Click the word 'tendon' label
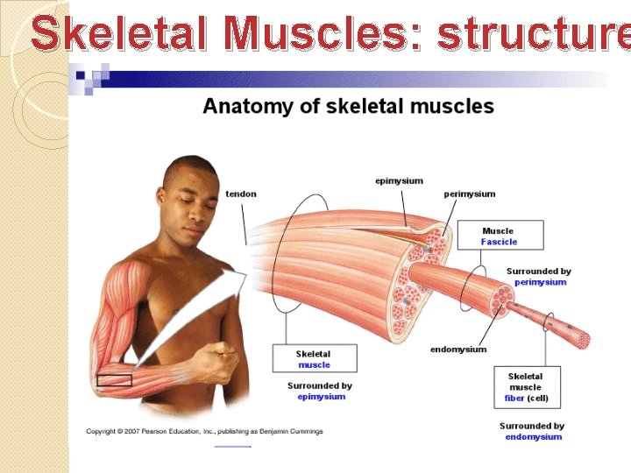pos(241,194)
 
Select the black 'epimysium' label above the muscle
pos(399,180)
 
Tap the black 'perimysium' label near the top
pos(469,194)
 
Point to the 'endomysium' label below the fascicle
pos(457,349)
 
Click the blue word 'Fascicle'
pos(499,242)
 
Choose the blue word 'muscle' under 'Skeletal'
pos(314,364)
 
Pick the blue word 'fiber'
pos(514,398)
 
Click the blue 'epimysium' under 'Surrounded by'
pos(321,397)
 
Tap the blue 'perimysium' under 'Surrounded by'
pos(540,282)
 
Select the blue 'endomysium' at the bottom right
pos(533,437)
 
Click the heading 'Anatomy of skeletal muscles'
pos(348,107)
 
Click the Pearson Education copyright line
pos(204,431)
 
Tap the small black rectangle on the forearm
pos(114,380)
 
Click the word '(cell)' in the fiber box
pos(537,398)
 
